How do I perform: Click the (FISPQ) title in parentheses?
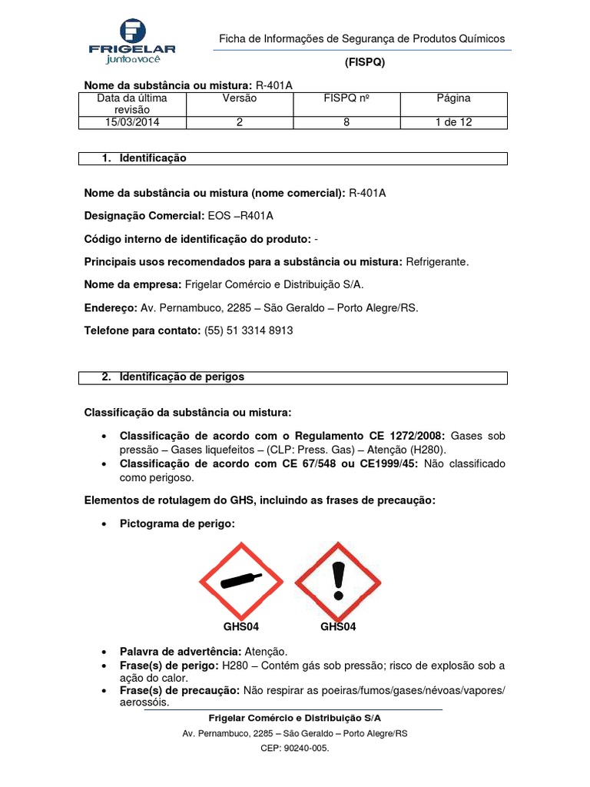[363, 63]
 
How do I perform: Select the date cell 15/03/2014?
[131, 122]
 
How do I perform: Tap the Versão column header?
[240, 98]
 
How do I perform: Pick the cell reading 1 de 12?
[453, 122]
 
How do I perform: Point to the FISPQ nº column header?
[346, 98]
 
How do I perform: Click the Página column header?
[453, 98]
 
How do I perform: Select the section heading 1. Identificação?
[144, 158]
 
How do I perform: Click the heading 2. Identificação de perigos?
[173, 377]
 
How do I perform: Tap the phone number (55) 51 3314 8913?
[248, 330]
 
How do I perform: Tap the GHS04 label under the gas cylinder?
[241, 627]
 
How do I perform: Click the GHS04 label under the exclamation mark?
[338, 627]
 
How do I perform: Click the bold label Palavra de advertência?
[180, 651]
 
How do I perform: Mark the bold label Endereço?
[109, 307]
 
